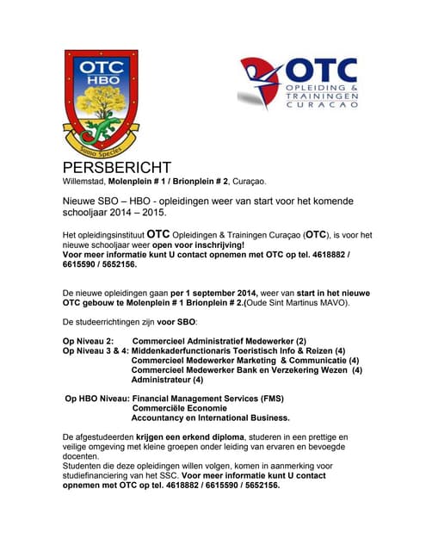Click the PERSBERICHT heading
(116, 168)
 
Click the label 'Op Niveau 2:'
(89, 341)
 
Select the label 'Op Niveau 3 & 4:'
(95, 351)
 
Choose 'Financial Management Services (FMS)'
(207, 399)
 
